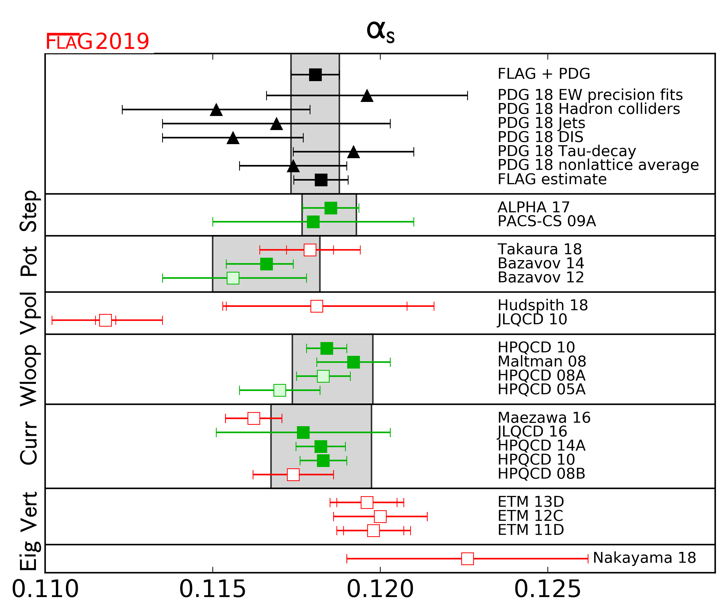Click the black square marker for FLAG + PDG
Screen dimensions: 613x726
315,75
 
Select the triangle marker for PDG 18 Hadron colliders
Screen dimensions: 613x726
216,110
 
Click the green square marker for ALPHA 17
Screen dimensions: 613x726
330,208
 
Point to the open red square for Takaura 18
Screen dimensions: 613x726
310,250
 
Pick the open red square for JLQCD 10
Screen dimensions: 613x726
106,320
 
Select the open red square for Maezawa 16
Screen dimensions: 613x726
254,418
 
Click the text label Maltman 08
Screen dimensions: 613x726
542,362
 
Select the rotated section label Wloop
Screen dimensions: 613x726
29,376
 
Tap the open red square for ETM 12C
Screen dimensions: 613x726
380,517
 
